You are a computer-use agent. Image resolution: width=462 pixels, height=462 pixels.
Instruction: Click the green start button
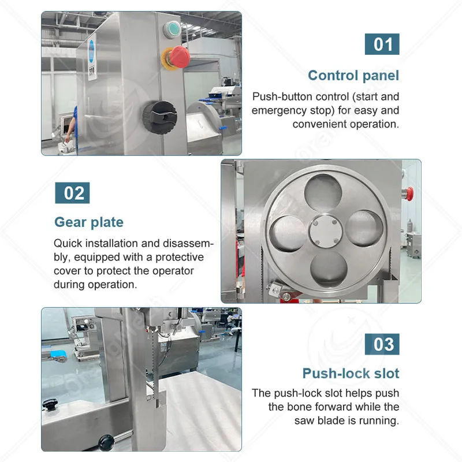coord(172,29)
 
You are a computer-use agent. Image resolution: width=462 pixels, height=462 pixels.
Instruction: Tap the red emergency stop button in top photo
coord(179,57)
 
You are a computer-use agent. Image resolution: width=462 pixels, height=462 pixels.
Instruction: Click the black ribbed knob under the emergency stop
coord(160,117)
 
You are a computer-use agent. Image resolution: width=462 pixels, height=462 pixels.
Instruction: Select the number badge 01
coord(382,44)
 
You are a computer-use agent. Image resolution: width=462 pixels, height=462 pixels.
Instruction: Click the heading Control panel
coord(353,76)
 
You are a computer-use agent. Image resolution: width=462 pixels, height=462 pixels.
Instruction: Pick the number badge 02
coord(72,193)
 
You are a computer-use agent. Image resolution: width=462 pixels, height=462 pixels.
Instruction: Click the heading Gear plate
coord(89,222)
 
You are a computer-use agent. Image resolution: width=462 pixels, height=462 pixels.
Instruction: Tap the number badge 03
coord(382,344)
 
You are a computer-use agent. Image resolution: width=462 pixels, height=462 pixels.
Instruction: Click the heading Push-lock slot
coord(351,373)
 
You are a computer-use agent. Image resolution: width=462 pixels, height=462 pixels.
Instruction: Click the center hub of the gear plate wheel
coord(326,232)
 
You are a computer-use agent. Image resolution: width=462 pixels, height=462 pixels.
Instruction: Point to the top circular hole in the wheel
coord(323,193)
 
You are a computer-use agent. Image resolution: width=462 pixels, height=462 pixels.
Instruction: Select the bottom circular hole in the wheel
coord(329,269)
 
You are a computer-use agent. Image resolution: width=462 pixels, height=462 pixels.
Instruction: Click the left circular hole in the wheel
coord(288,234)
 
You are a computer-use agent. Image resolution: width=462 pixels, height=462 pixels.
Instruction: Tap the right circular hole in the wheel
coord(364,228)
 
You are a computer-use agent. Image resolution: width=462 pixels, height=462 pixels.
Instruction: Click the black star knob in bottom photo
coord(50,405)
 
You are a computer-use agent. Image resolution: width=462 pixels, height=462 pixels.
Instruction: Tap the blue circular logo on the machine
coord(92,51)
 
